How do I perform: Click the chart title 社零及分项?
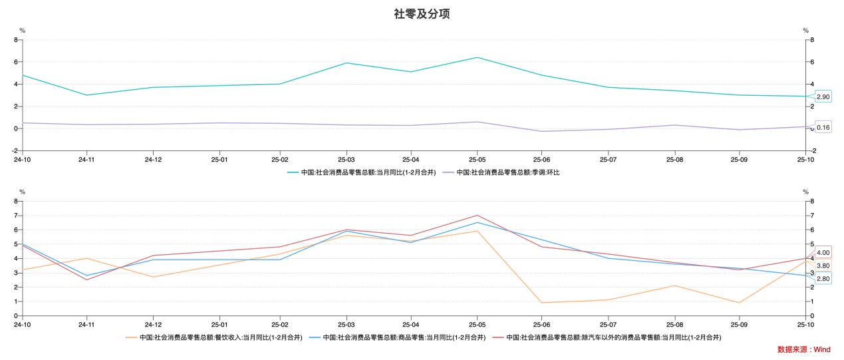click(x=422, y=14)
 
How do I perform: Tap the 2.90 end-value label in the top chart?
click(x=823, y=97)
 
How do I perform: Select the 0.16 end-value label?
click(x=823, y=127)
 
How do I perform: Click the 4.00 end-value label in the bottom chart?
click(x=823, y=253)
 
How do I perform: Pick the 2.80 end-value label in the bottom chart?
click(x=823, y=279)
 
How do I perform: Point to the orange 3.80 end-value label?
click(x=823, y=266)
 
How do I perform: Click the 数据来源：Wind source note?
click(x=803, y=349)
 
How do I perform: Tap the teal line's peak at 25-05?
click(x=477, y=57)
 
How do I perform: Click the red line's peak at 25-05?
click(x=477, y=216)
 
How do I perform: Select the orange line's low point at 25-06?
click(x=541, y=303)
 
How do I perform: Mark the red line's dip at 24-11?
click(x=86, y=279)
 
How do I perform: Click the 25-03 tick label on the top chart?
click(x=346, y=160)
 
